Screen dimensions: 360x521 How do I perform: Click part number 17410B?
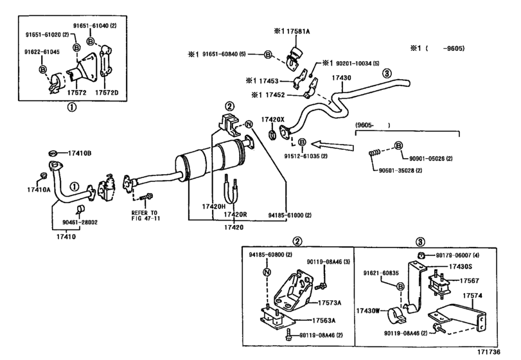click(64, 153)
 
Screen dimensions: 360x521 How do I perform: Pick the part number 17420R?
click(236, 214)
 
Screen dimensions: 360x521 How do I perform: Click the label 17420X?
click(279, 118)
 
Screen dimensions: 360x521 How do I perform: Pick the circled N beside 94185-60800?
click(265, 272)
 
